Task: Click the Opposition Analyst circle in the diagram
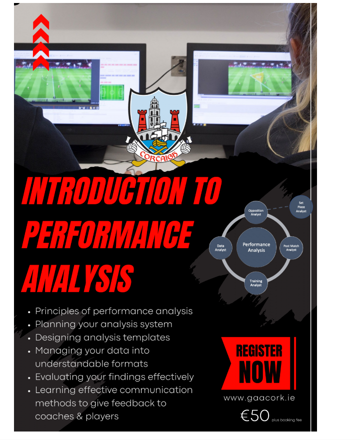point(255,212)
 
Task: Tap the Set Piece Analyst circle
point(301,207)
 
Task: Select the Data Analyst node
point(220,248)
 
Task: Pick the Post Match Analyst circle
point(291,248)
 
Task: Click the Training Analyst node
point(255,283)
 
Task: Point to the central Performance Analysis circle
point(256,247)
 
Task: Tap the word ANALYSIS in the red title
point(77,278)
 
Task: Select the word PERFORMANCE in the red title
point(108,235)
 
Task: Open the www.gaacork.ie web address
point(259,398)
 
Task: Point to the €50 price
point(255,416)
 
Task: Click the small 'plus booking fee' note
point(286,420)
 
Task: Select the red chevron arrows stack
point(41,42)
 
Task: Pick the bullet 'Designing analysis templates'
point(102,337)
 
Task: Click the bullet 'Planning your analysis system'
point(103,325)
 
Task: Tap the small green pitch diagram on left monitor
point(112,92)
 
